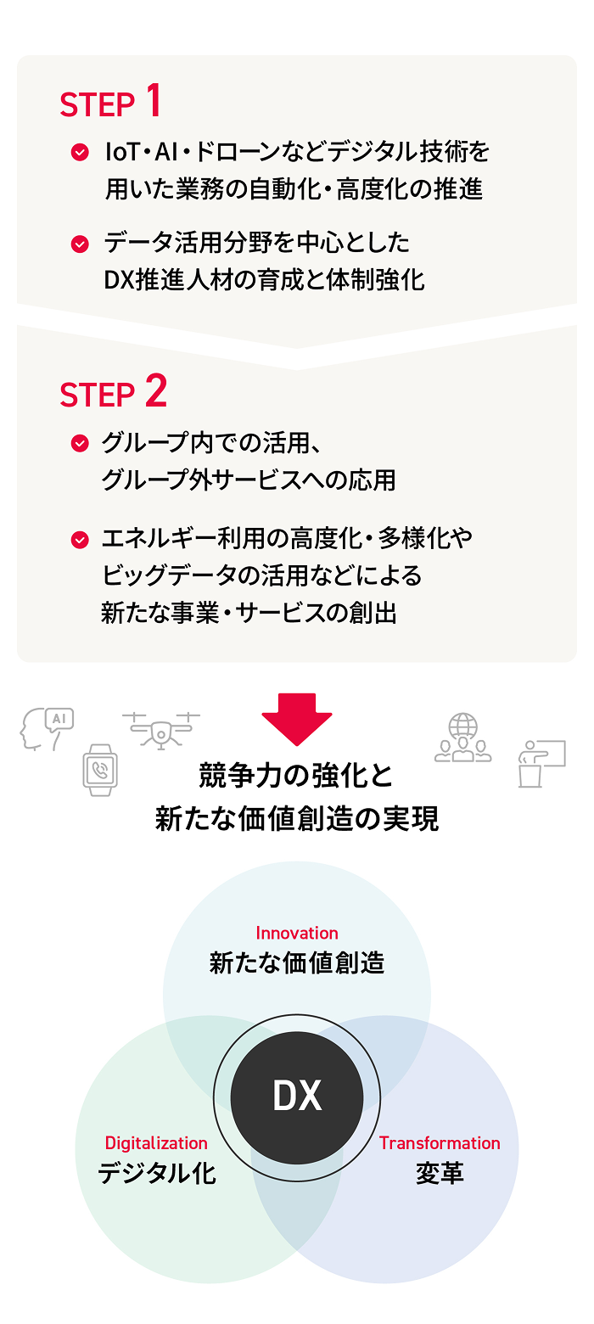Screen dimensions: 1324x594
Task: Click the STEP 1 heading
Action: click(110, 103)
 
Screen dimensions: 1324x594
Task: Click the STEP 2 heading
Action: click(113, 393)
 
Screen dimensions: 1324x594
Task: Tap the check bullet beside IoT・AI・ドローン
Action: click(79, 153)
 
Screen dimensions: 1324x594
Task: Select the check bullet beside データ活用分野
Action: click(79, 244)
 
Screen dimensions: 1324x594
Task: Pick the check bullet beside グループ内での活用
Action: click(79, 443)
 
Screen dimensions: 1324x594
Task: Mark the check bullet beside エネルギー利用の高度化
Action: click(79, 538)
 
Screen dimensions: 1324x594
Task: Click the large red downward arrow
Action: click(296, 718)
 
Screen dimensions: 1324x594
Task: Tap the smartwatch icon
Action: click(100, 769)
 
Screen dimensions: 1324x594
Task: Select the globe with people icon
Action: click(463, 738)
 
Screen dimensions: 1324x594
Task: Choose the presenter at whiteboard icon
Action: click(541, 763)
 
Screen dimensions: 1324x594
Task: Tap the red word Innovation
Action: click(297, 933)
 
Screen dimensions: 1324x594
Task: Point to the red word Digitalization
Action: click(156, 1143)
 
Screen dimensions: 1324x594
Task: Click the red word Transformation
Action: click(440, 1143)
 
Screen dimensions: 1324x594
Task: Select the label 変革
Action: click(440, 1174)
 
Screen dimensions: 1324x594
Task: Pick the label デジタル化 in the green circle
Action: click(157, 1174)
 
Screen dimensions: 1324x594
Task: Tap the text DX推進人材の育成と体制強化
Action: click(265, 280)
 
